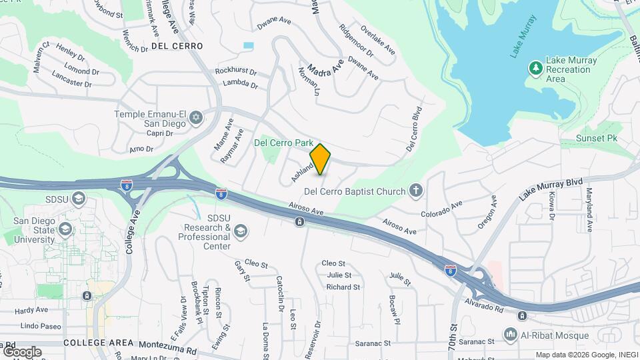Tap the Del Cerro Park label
[284, 142]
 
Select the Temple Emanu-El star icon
[195, 118]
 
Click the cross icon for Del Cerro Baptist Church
[416, 191]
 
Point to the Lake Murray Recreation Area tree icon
[535, 69]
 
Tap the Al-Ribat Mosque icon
[511, 335]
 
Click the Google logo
[22, 351]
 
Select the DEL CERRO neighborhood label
[177, 46]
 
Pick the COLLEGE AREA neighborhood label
[99, 343]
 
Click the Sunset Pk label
[598, 138]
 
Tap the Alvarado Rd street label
[485, 309]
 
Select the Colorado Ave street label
[441, 213]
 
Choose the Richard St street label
[343, 287]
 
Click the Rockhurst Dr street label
[236, 71]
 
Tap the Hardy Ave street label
[32, 311]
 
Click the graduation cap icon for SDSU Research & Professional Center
[240, 231]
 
